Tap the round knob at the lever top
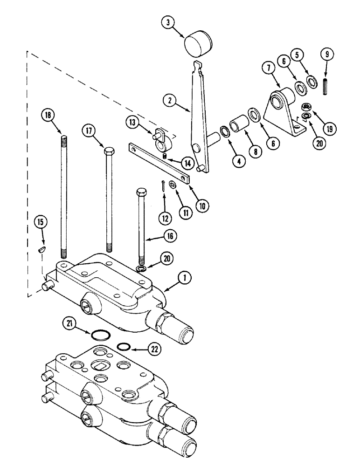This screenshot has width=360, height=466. [198, 45]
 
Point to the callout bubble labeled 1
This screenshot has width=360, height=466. [185, 278]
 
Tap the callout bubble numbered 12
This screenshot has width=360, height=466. [164, 216]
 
